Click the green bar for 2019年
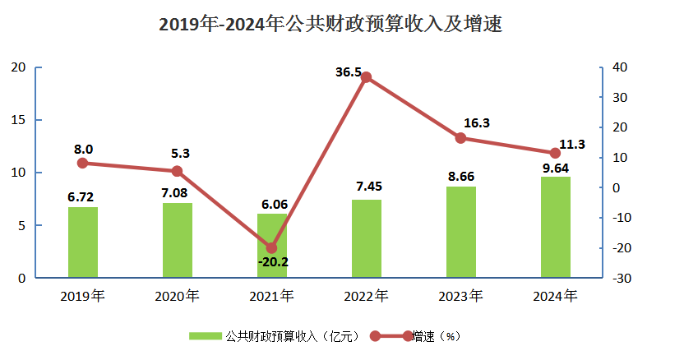(82, 242)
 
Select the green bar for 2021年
(272, 246)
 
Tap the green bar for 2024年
(555, 227)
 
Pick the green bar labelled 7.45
(367, 238)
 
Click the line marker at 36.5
(367, 77)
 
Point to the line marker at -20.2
(272, 247)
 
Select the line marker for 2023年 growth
(461, 138)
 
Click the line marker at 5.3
(177, 171)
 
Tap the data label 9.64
(555, 168)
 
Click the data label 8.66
(461, 177)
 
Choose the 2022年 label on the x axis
(367, 296)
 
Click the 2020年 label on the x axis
(177, 296)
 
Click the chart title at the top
(330, 25)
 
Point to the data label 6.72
(82, 197)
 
